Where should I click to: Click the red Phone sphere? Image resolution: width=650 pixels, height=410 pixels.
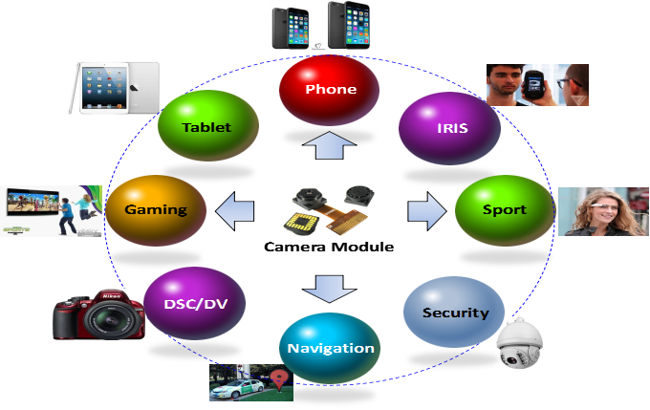pyautogui.click(x=330, y=90)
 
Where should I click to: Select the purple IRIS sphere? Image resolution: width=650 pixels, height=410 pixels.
pyautogui.click(x=447, y=128)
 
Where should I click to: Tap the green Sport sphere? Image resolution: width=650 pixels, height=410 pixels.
pyautogui.click(x=504, y=209)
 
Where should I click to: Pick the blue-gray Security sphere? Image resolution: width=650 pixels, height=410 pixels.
pyautogui.click(x=454, y=313)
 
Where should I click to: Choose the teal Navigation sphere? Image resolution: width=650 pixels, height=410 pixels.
pyautogui.click(x=330, y=348)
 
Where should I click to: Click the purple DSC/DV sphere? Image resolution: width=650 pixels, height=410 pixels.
pyautogui.click(x=195, y=303)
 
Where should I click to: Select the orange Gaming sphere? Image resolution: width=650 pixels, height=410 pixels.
pyautogui.click(x=156, y=209)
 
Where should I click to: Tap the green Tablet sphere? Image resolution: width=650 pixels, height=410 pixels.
pyautogui.click(x=207, y=126)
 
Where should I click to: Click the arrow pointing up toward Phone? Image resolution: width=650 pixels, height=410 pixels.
pyautogui.click(x=329, y=145)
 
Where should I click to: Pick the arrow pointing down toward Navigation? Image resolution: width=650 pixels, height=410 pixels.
pyautogui.click(x=330, y=286)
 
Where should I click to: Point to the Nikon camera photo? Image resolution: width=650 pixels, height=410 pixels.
pyautogui.click(x=99, y=314)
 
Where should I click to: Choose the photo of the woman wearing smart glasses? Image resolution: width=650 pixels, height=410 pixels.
pyautogui.click(x=603, y=211)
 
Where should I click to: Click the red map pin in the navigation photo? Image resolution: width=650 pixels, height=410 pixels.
pyautogui.click(x=279, y=379)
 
